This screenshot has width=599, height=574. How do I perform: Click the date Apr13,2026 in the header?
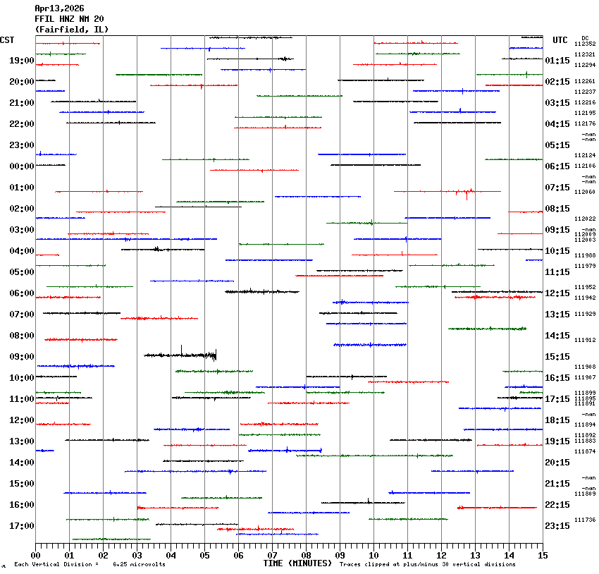click(59, 8)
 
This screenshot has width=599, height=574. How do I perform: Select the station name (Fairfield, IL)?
click(72, 30)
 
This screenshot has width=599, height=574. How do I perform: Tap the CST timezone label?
click(7, 40)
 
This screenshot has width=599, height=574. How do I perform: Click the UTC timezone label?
click(560, 40)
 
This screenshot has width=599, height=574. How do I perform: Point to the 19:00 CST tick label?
click(22, 61)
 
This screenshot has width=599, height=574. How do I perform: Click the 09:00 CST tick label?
click(22, 357)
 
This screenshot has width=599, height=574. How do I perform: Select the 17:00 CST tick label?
click(22, 526)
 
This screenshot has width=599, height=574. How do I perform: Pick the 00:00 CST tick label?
click(22, 166)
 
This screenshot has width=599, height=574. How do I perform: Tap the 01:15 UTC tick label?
click(557, 61)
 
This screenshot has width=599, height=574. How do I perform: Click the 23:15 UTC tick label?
click(557, 526)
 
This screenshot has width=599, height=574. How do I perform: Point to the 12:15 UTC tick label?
click(557, 293)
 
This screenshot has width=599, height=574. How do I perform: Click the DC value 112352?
click(585, 44)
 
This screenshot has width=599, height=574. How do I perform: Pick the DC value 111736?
click(585, 520)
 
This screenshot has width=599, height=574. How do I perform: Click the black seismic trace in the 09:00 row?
click(180, 355)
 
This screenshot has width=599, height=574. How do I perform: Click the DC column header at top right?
click(585, 38)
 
